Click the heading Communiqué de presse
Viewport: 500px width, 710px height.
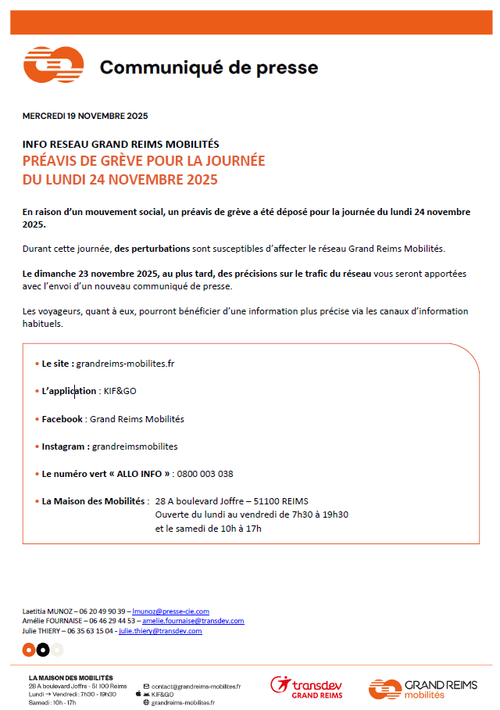point(209,67)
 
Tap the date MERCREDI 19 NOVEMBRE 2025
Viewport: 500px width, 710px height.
point(85,116)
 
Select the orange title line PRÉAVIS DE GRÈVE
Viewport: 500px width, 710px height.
point(144,161)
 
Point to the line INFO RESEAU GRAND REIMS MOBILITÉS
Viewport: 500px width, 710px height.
point(120,144)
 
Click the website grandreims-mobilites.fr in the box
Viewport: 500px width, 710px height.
point(125,364)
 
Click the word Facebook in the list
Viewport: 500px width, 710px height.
point(62,419)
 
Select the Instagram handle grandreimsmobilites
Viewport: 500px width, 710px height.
point(134,446)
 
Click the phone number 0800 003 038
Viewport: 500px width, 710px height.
point(205,474)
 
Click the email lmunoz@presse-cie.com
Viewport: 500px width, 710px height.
point(170,611)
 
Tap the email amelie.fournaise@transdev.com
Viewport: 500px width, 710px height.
point(193,621)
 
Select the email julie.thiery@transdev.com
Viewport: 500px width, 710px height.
point(160,630)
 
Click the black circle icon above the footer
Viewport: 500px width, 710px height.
point(43,650)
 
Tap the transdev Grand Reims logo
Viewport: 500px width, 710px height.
point(306,687)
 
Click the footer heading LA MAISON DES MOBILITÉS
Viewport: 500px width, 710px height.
point(70,677)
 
